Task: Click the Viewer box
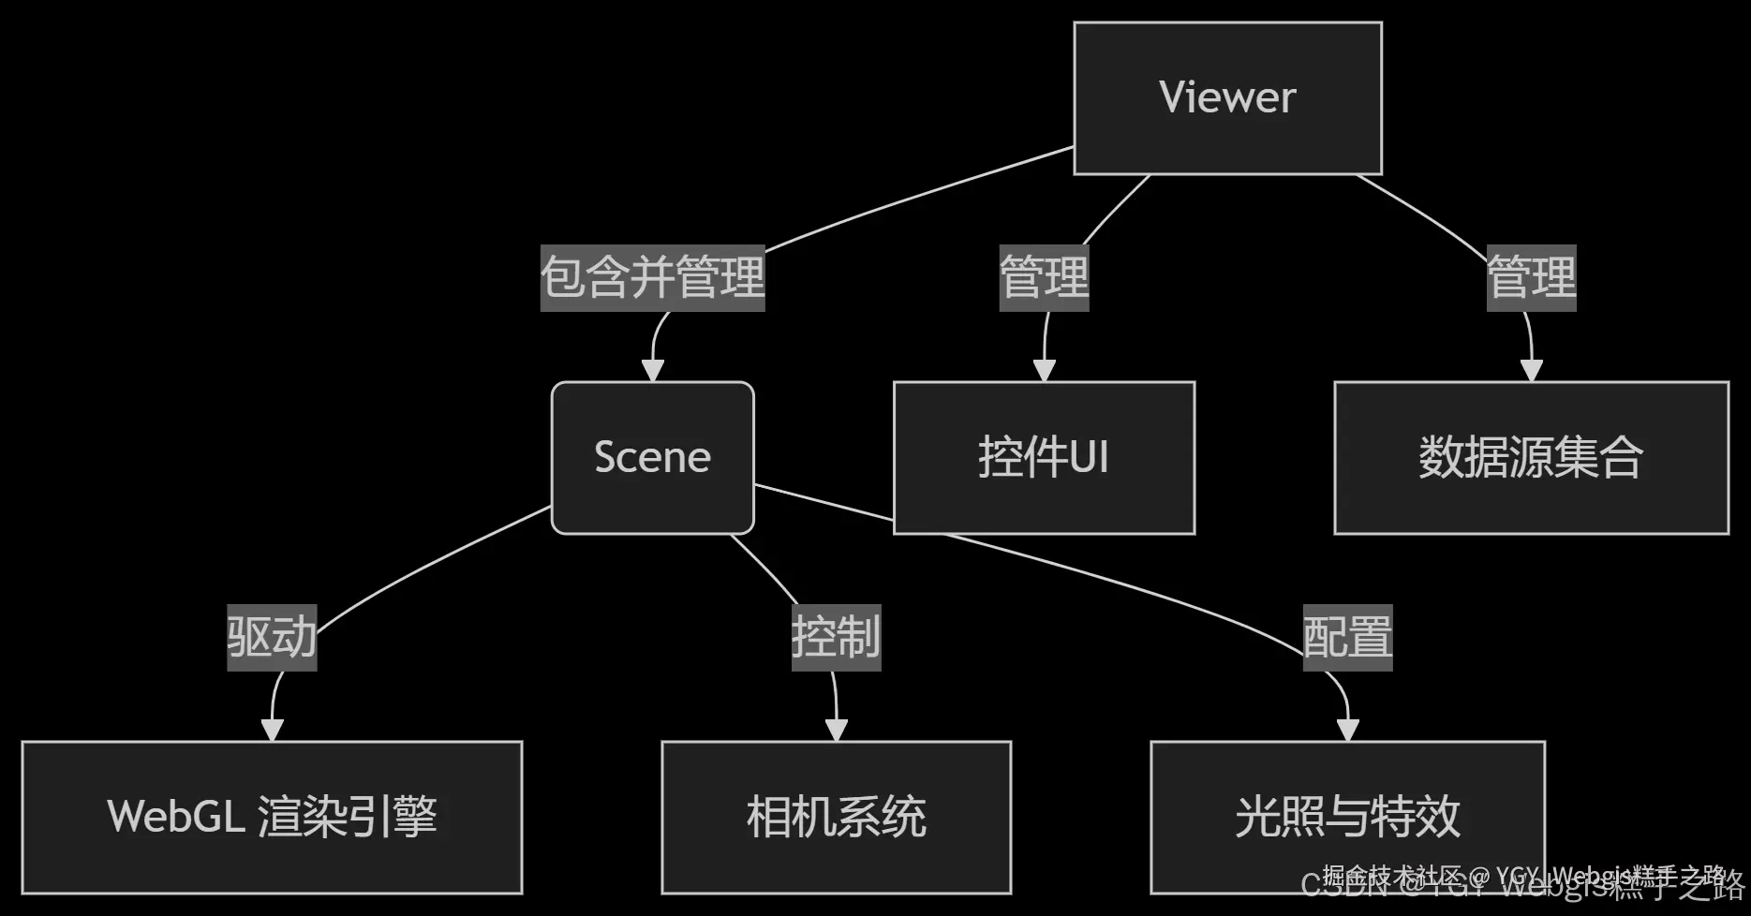tap(1227, 97)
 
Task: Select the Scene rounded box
tap(652, 457)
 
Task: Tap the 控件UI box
tap(1044, 457)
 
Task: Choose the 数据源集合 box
tap(1531, 457)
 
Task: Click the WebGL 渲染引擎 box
tap(272, 817)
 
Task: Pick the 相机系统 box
tap(836, 817)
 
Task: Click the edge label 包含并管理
tap(652, 277)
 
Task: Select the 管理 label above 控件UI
tap(1044, 277)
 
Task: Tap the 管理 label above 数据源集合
tap(1531, 277)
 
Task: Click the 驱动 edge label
tap(272, 637)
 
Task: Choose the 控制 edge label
tap(836, 637)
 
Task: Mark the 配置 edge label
tap(1347, 637)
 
